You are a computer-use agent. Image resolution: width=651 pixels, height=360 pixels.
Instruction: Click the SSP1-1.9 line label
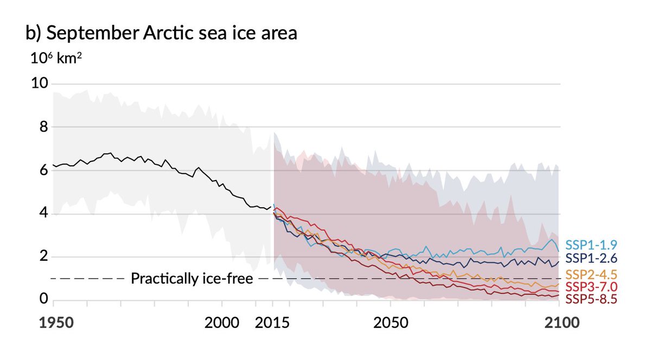coord(591,244)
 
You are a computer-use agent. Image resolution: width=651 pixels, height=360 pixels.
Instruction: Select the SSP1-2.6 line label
coord(591,258)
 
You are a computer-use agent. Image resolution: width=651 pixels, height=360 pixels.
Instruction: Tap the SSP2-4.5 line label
coord(591,274)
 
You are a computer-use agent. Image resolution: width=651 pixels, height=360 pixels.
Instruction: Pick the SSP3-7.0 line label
coord(591,286)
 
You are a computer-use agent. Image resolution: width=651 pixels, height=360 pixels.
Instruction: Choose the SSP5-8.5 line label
coord(591,299)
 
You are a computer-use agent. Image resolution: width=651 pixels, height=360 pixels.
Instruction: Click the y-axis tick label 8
coord(43,127)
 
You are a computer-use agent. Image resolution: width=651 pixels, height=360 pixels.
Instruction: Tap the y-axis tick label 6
coord(43,171)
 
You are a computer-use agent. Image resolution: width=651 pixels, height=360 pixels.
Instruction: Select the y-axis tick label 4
coord(43,214)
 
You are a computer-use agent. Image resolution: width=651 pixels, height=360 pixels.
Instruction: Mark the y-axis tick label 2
coord(43,257)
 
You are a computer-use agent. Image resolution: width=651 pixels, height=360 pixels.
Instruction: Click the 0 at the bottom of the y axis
coord(43,300)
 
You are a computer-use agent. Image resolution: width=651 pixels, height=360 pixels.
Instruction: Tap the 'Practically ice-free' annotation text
coord(192,279)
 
